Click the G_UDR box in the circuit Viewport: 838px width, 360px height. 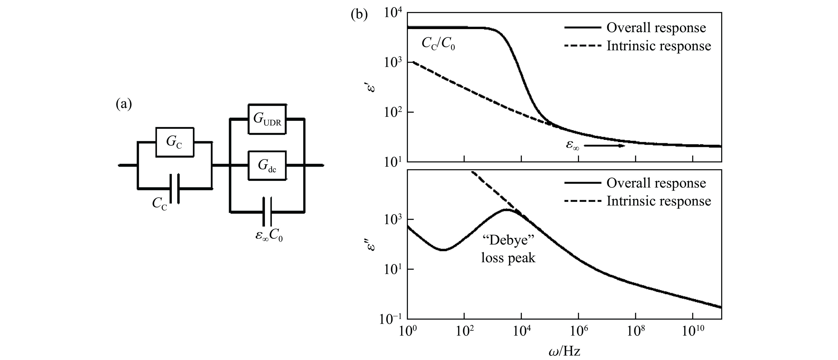tap(267, 119)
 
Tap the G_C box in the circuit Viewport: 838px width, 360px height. tap(175, 142)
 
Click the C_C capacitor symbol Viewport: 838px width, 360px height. tap(175, 189)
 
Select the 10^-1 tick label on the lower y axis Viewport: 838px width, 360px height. tap(390, 319)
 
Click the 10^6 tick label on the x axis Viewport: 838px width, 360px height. tap(578, 333)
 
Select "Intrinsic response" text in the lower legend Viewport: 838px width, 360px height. tap(659, 201)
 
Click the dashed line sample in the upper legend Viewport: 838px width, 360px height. tap(582, 46)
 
